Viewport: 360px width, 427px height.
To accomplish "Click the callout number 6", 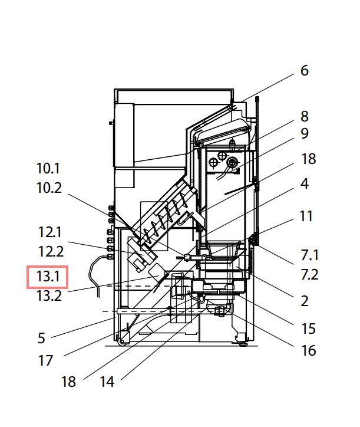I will coord(304,71).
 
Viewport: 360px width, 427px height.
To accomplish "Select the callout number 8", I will coord(304,116).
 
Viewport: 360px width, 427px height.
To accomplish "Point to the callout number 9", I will coord(304,134).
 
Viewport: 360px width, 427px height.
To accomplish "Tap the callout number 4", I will coord(304,183).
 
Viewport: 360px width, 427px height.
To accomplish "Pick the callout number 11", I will coord(306,216).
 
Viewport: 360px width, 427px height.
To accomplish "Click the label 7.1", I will coord(309,255).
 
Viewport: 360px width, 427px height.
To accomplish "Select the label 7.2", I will coord(309,275).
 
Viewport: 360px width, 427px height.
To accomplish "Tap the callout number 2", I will coord(304,301).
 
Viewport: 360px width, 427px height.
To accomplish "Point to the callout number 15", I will coord(308,329).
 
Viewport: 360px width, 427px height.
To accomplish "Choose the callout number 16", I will coord(308,351).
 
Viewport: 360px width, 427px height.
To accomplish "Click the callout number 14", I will coord(107,382).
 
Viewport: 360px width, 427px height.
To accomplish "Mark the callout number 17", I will coord(46,360).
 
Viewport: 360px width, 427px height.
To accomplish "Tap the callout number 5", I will coord(41,339).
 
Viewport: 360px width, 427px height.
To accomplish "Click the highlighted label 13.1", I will coord(48,276).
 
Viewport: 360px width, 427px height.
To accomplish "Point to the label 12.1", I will coord(50,232).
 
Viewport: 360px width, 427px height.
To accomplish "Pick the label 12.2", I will coord(51,252).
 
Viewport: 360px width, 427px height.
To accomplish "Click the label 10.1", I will coord(48,169).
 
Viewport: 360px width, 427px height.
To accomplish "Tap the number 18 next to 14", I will coord(68,382).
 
